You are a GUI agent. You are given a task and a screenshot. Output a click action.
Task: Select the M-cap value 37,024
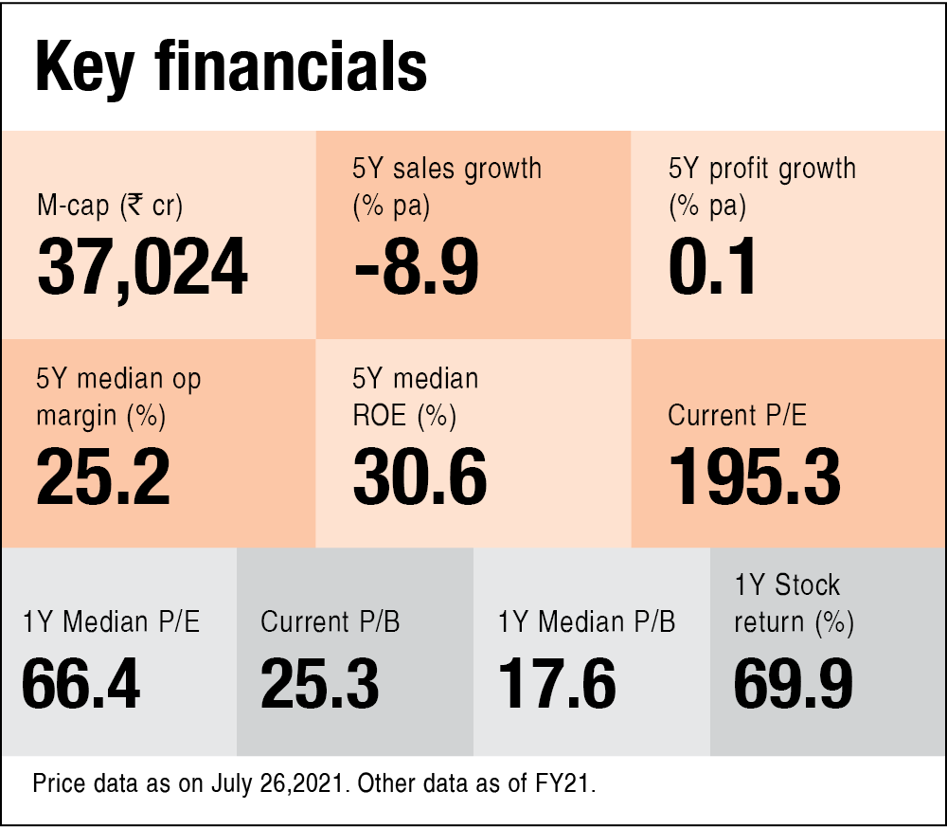click(142, 267)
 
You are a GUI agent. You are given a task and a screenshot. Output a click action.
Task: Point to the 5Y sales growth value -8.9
click(417, 267)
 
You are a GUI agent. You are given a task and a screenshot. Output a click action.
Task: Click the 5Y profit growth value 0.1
click(712, 267)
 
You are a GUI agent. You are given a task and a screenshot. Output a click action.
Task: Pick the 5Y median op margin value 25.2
click(103, 476)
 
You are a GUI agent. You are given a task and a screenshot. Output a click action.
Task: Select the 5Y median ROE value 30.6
click(420, 476)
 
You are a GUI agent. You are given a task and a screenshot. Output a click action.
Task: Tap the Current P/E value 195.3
click(754, 476)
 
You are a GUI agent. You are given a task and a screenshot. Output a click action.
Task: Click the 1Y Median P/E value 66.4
click(80, 685)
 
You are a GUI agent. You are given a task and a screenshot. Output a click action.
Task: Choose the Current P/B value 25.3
click(319, 685)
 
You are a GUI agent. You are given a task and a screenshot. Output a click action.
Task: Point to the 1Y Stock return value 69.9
click(794, 685)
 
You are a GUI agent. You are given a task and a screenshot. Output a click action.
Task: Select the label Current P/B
click(330, 622)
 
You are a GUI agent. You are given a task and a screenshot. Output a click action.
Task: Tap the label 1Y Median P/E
click(112, 622)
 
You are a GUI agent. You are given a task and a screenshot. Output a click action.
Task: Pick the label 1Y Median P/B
click(586, 622)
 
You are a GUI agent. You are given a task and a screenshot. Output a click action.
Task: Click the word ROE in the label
click(380, 415)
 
